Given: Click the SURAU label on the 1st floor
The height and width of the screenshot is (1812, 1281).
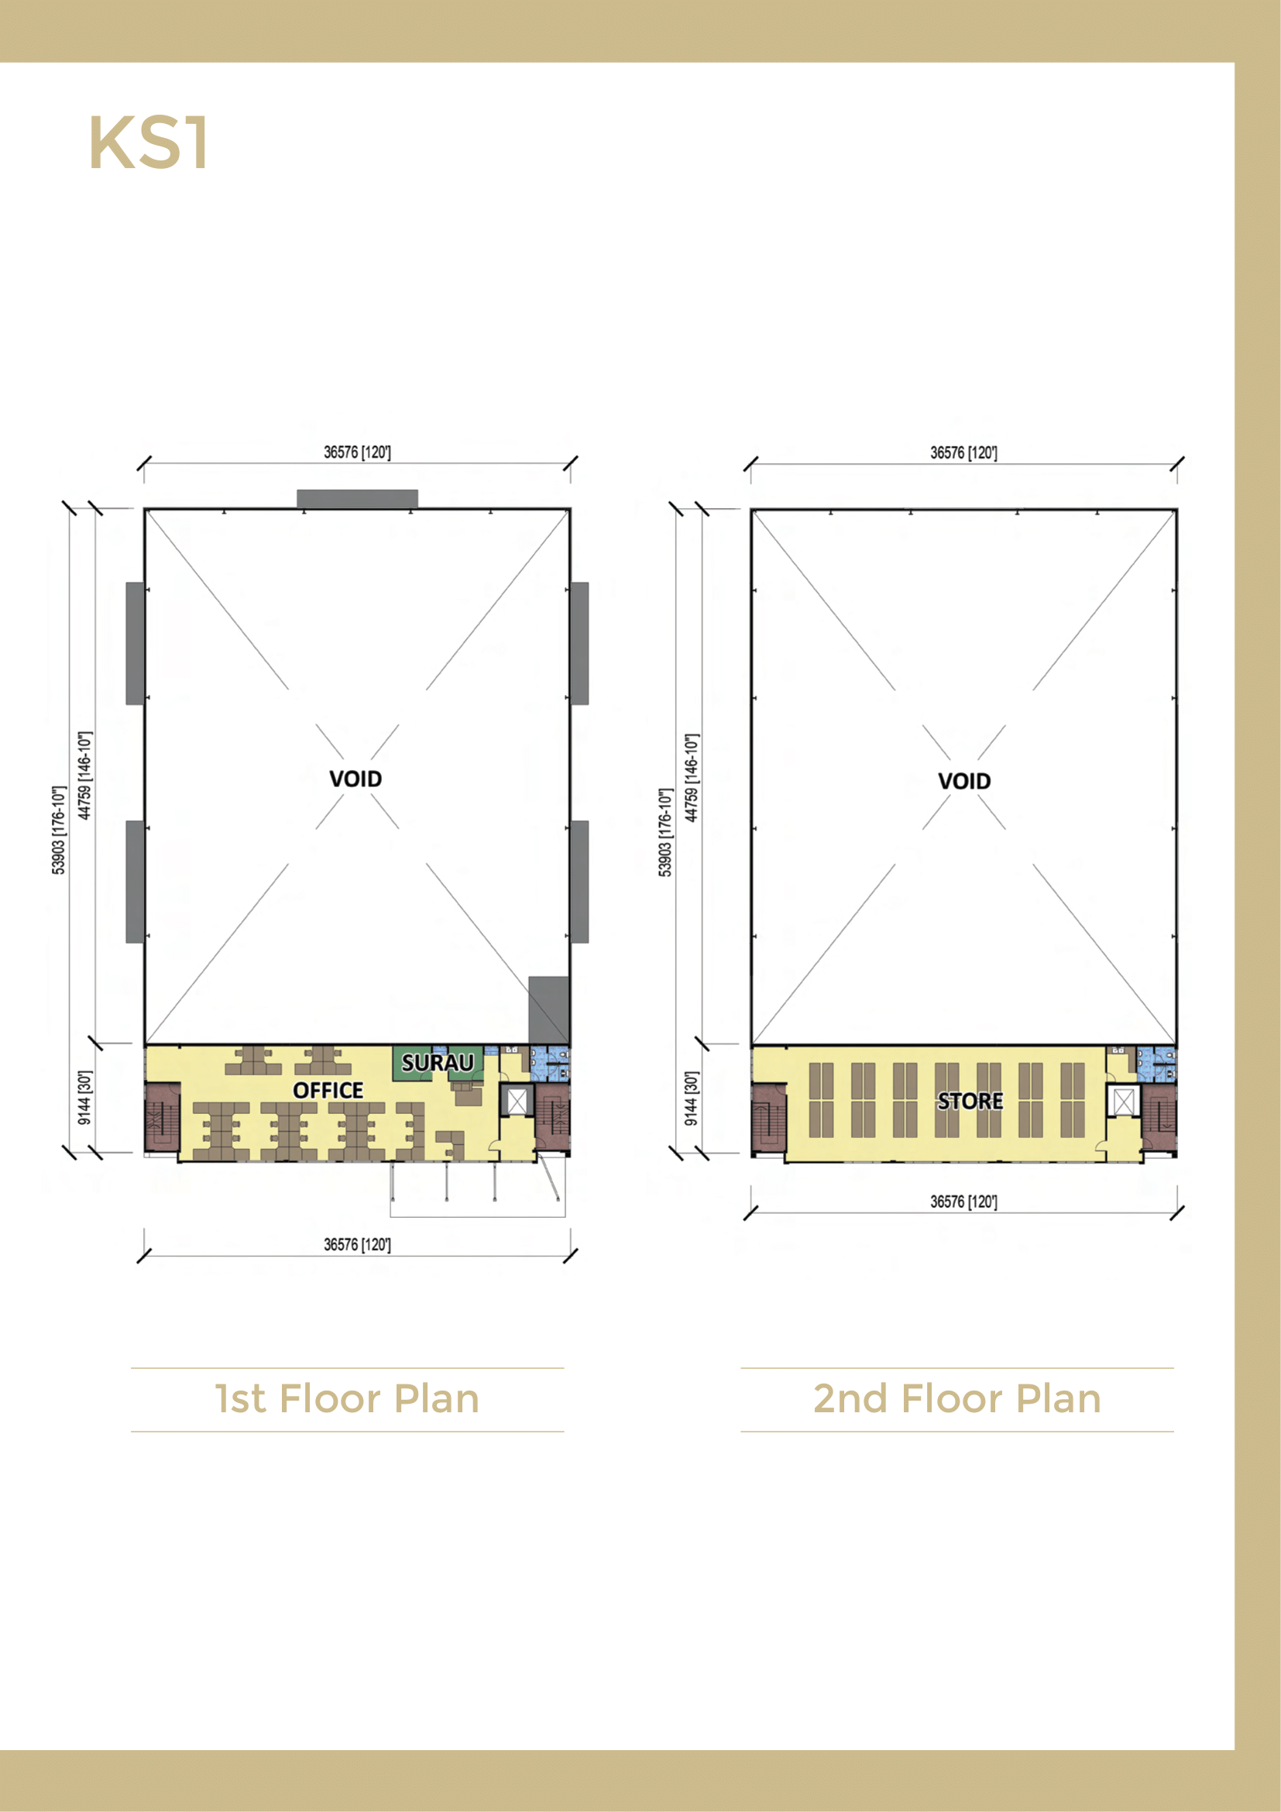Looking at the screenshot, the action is (438, 1062).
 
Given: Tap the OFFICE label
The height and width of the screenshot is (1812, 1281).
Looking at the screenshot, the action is (328, 1090).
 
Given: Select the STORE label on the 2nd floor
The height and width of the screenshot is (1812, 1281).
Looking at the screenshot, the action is (970, 1101).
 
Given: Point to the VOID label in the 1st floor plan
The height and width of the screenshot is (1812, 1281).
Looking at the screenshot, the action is (355, 779).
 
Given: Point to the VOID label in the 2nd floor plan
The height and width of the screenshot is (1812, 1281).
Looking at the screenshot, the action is (964, 782).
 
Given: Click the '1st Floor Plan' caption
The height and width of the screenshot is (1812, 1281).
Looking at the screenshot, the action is (347, 1399).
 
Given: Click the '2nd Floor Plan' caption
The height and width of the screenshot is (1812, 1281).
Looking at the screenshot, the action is (956, 1399).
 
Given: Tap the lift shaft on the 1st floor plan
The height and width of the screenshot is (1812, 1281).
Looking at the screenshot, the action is (517, 1101).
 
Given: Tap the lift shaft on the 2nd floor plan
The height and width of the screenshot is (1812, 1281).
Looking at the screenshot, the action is (1123, 1102).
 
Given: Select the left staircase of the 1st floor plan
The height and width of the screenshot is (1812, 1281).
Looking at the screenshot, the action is (163, 1117).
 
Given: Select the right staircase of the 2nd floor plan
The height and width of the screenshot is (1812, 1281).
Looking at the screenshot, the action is (1159, 1119).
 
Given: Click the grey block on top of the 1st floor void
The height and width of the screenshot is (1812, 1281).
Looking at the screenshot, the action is (357, 499).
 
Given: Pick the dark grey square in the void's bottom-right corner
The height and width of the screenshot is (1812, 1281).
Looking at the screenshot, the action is (548, 1010).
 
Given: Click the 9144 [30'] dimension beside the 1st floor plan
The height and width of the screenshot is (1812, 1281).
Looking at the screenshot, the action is (84, 1098).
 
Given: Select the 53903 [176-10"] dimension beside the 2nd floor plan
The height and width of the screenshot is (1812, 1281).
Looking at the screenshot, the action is (665, 832).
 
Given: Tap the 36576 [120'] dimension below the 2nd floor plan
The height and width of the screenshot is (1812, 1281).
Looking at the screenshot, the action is (963, 1202).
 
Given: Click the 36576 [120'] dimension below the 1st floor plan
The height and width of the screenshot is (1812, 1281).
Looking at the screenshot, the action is (357, 1245).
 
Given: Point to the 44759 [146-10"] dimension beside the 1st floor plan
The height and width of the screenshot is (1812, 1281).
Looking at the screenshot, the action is (84, 775).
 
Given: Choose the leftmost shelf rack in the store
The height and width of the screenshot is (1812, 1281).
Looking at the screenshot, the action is (821, 1100).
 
